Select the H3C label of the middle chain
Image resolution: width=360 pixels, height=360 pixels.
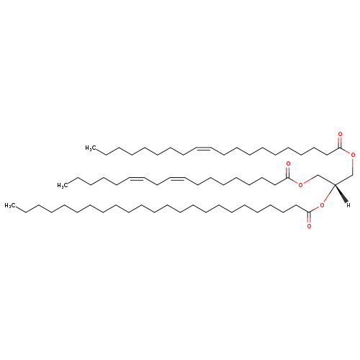[63, 185]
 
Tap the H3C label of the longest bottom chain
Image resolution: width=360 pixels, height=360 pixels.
[10, 206]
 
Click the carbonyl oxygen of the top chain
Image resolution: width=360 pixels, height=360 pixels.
[340, 134]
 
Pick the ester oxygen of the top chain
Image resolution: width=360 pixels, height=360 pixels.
[353, 155]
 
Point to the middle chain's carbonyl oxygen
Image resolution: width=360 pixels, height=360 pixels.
[288, 164]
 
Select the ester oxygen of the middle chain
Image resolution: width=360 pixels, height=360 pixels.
[300, 185]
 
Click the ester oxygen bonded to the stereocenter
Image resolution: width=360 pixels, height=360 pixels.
[322, 205]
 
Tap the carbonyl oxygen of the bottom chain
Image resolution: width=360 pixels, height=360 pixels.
[309, 226]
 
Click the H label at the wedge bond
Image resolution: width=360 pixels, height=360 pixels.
[348, 205]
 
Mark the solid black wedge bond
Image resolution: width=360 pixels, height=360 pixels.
[341, 194]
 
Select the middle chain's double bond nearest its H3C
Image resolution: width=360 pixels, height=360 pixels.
[137, 178]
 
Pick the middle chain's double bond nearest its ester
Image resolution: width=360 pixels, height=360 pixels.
[177, 178]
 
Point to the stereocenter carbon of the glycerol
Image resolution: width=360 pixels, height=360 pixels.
[335, 185]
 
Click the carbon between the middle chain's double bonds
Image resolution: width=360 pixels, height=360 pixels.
[157, 185]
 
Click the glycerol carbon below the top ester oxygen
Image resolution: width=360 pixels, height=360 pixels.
[353, 175]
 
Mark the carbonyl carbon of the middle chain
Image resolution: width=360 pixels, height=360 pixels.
[288, 178]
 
